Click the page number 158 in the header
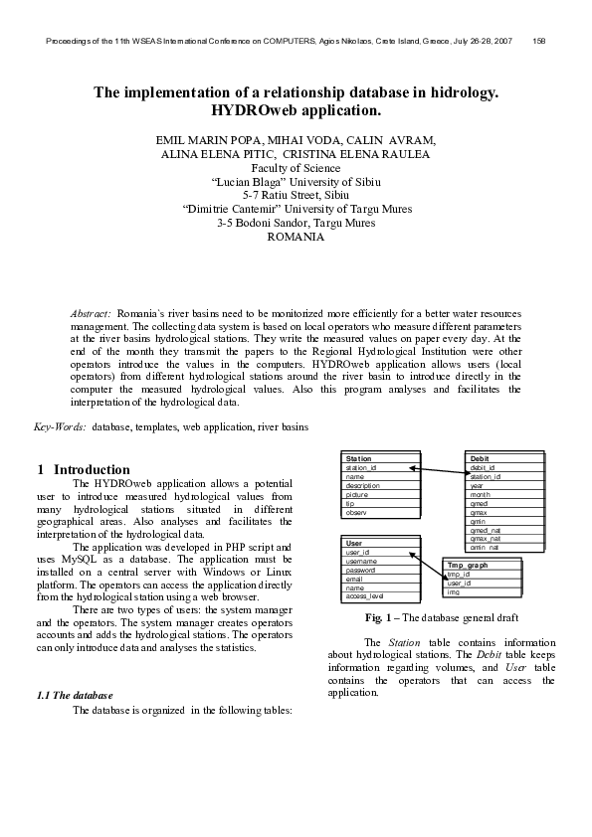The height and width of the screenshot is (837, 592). (538, 41)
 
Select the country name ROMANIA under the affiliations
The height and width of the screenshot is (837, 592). (296, 238)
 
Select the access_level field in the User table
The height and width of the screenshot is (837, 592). (365, 595)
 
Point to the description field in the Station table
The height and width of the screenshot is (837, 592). (364, 485)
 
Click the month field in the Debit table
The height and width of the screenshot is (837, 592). (481, 494)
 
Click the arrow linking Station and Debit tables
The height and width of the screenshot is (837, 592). (438, 472)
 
